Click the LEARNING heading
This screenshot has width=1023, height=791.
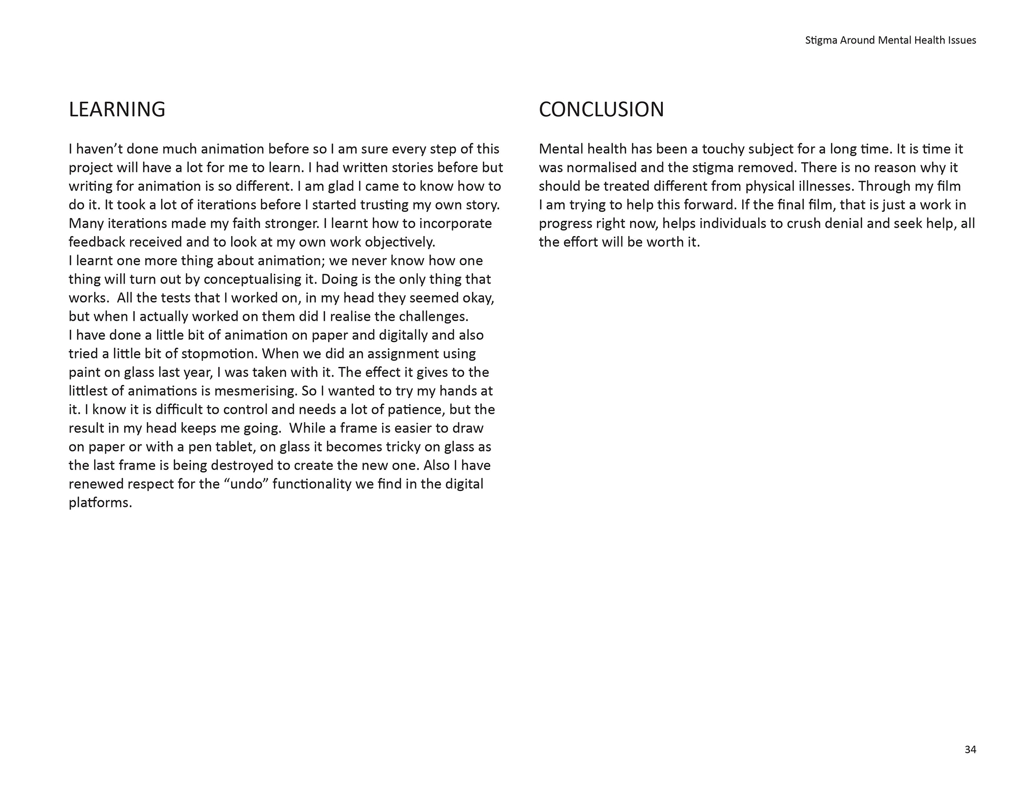117,110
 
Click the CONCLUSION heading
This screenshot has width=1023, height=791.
601,110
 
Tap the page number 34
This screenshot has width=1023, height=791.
970,750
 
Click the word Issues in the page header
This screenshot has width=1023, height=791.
962,40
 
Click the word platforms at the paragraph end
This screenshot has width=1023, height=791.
100,503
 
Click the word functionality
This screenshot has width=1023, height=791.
312,484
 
